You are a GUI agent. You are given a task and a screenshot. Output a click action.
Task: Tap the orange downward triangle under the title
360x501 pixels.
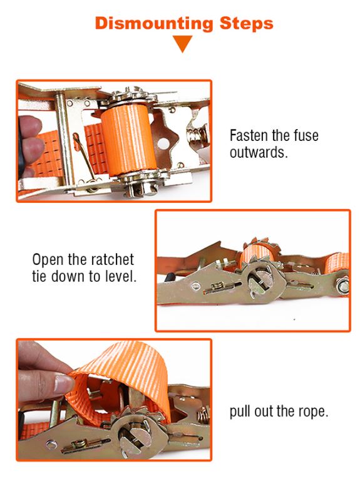(x=183, y=44)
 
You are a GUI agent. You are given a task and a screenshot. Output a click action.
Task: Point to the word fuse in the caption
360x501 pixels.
(x=306, y=136)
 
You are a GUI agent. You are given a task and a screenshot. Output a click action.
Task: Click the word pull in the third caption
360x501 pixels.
(x=242, y=412)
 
